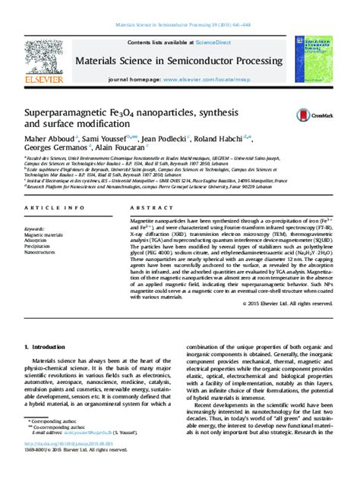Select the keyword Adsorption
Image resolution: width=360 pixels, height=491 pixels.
[36, 241]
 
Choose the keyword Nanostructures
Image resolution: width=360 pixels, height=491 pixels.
[39, 253]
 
